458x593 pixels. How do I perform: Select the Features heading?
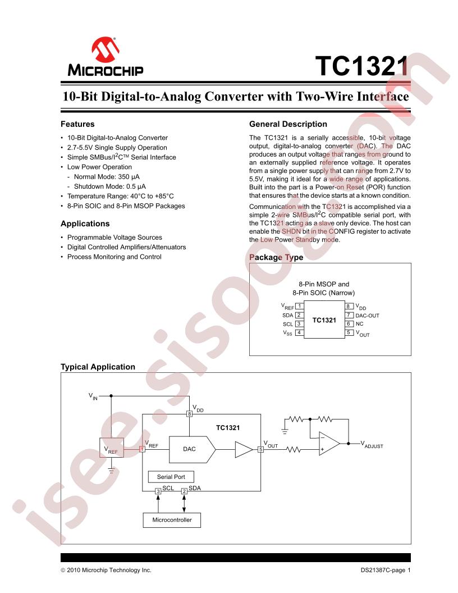tap(77, 124)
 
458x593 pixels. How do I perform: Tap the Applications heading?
tap(85, 223)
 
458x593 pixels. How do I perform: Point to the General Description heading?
tap(288, 124)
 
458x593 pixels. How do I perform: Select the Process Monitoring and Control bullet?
tap(114, 257)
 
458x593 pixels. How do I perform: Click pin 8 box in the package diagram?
tap(349, 307)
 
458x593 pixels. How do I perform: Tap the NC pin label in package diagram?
tap(360, 324)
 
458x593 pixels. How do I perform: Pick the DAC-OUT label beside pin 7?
tap(367, 316)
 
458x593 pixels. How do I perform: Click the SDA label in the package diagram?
tap(288, 316)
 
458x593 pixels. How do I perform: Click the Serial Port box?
tap(171, 477)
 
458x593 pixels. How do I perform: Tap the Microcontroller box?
tap(172, 520)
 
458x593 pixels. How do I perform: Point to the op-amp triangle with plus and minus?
tap(328, 443)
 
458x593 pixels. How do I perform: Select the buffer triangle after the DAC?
tap(244, 449)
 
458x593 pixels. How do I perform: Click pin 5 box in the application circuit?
tap(260, 449)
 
